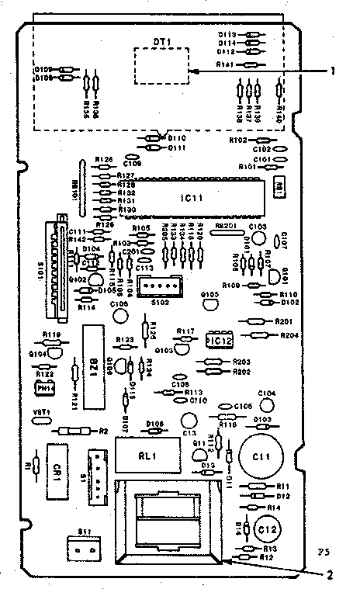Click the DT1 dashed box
[162, 64]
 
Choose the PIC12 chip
[219, 340]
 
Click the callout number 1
[333, 71]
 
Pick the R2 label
[103, 430]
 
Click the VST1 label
[41, 411]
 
